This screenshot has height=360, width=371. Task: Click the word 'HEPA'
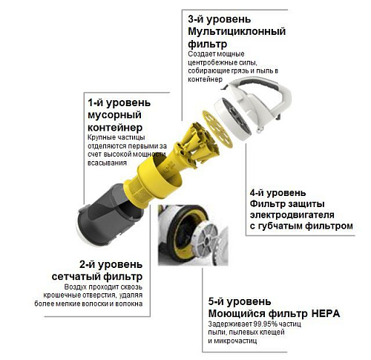tap(326, 314)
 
